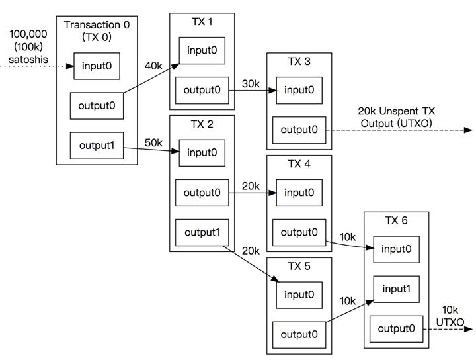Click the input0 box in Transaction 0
[97, 66]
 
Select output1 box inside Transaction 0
[97, 146]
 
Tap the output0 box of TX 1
[202, 90]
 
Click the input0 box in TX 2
[202, 153]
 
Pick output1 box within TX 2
[202, 232]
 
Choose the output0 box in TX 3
[299, 130]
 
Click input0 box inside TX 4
[299, 193]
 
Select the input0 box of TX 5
[299, 295]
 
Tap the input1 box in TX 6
[396, 289]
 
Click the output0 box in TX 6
[396, 329]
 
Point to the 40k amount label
[153, 66]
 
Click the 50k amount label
[153, 142]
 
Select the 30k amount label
[251, 83]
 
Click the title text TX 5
[299, 267]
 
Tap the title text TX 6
[396, 220]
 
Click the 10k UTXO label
[450, 316]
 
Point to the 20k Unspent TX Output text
[396, 117]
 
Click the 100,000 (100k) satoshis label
[28, 46]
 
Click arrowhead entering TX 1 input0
[176, 66]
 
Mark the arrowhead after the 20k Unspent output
[469, 130]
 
